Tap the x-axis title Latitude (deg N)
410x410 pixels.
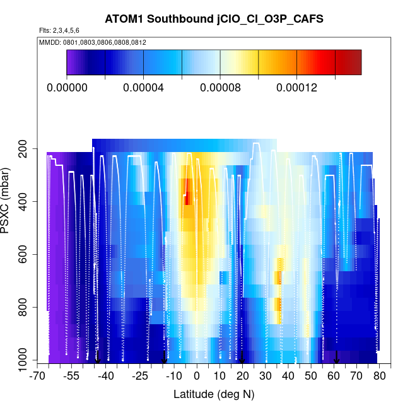[213, 394]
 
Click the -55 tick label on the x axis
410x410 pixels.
[71, 377]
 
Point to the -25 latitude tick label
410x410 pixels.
[140, 377]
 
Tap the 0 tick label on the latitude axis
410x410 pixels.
[197, 377]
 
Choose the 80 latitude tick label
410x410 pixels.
[378, 377]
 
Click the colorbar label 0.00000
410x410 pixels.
[67, 88]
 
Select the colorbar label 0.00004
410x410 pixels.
[144, 88]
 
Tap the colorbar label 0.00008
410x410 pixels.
[220, 88]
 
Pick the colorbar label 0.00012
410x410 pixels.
[296, 88]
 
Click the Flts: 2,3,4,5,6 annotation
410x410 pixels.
[59, 30]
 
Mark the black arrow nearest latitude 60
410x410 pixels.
[337, 358]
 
